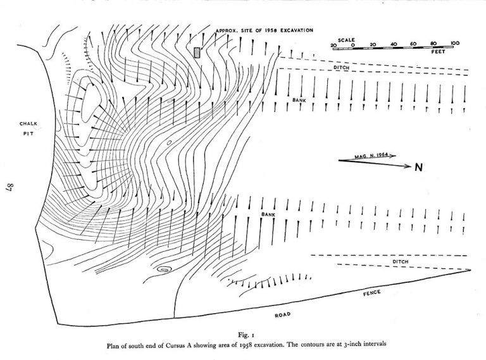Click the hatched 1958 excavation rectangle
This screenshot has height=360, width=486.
197,53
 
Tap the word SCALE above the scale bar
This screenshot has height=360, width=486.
346,40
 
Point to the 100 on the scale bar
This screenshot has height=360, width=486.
455,44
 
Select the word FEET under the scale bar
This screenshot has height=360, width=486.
439,52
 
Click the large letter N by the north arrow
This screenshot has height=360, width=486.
418,167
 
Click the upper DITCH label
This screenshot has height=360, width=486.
341,68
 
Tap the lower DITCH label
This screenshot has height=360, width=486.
401,262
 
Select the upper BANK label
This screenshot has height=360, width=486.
299,101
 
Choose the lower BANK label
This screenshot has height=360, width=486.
268,214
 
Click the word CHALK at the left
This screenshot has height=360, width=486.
28,123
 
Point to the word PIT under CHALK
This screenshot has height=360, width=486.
28,134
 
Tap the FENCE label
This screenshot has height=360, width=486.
372,293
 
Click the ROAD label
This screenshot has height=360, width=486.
283,315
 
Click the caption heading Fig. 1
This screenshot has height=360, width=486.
246,335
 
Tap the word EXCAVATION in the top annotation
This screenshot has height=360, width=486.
297,30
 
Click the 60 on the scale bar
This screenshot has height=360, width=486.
413,44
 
